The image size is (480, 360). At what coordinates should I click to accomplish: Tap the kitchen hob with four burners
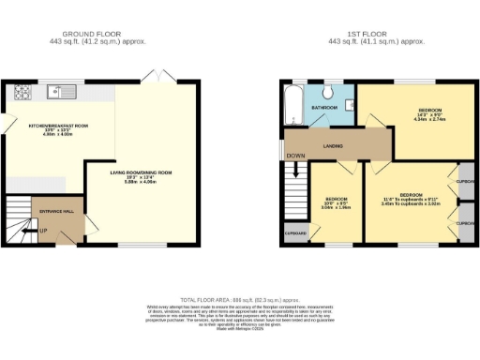coord(22,93)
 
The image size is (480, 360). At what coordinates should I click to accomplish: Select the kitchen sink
coord(58,92)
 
